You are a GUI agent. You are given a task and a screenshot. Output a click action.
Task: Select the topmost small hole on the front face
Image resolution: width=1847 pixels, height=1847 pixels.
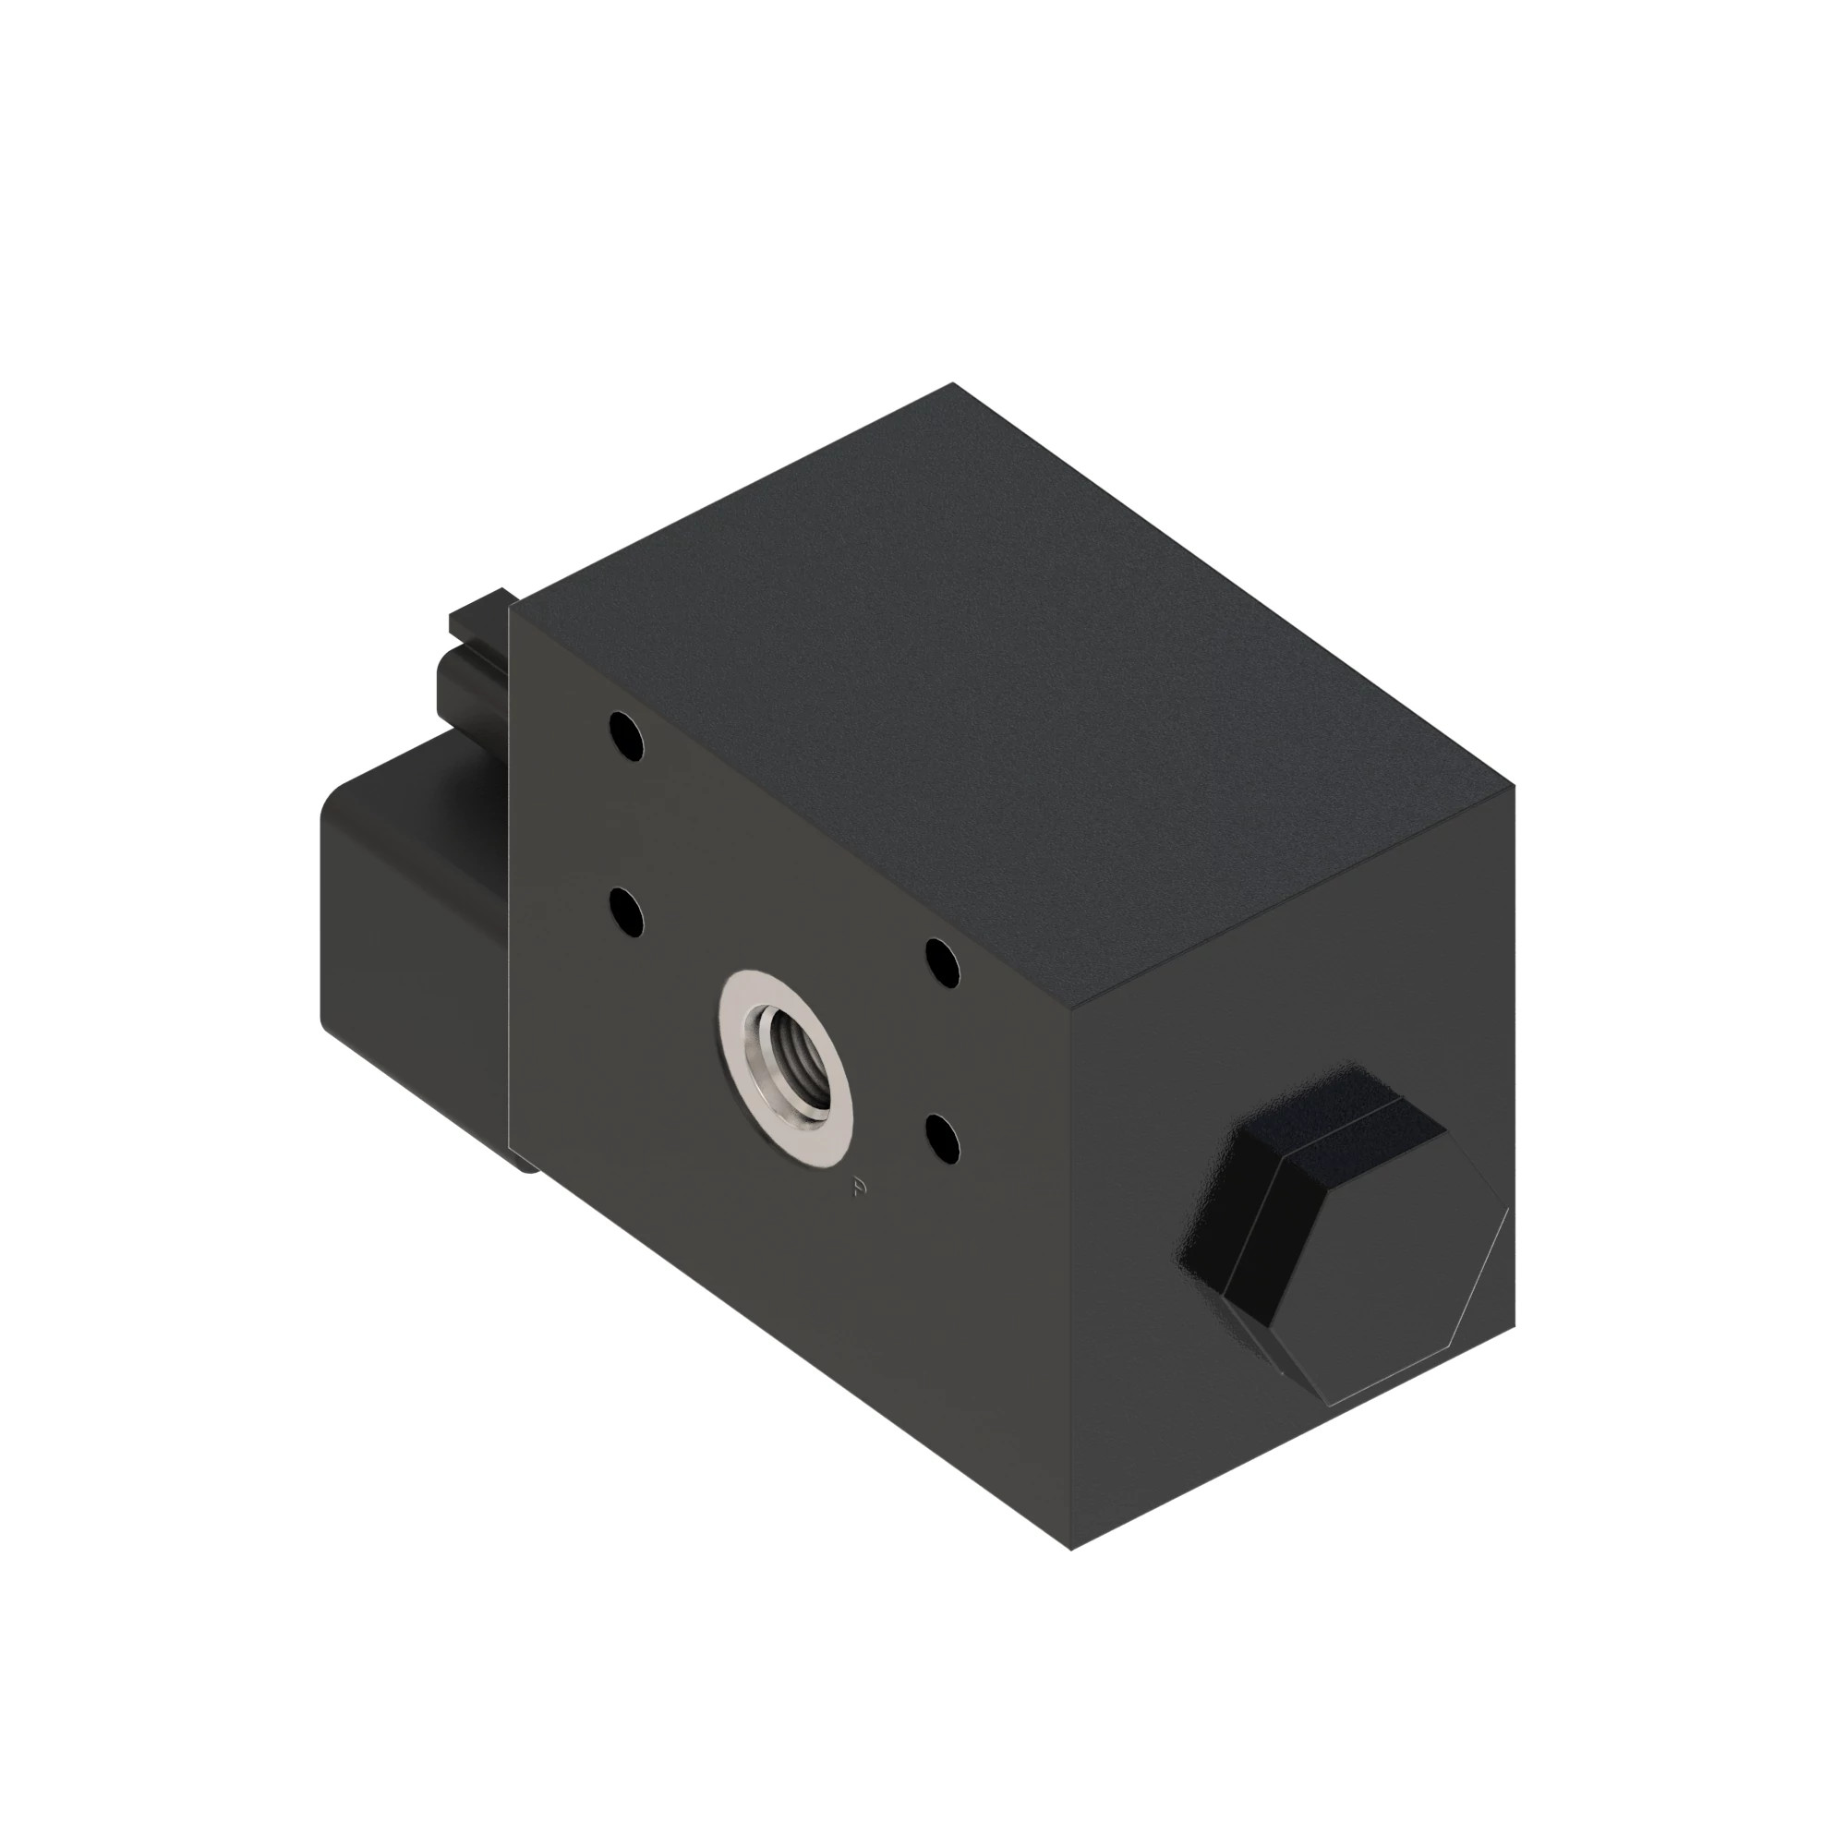click(626, 736)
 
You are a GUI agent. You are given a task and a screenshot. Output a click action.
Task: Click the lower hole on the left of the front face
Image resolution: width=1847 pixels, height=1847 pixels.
click(626, 911)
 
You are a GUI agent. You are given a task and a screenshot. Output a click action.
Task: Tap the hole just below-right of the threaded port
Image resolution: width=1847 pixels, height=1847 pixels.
click(944, 1139)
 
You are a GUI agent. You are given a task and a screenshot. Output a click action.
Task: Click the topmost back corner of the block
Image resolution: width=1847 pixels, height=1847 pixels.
click(952, 384)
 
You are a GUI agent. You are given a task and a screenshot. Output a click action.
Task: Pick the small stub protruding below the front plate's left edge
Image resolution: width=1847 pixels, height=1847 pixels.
click(526, 1163)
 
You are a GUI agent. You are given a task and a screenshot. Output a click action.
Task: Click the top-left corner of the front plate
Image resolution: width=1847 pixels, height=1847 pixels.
click(511, 604)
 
